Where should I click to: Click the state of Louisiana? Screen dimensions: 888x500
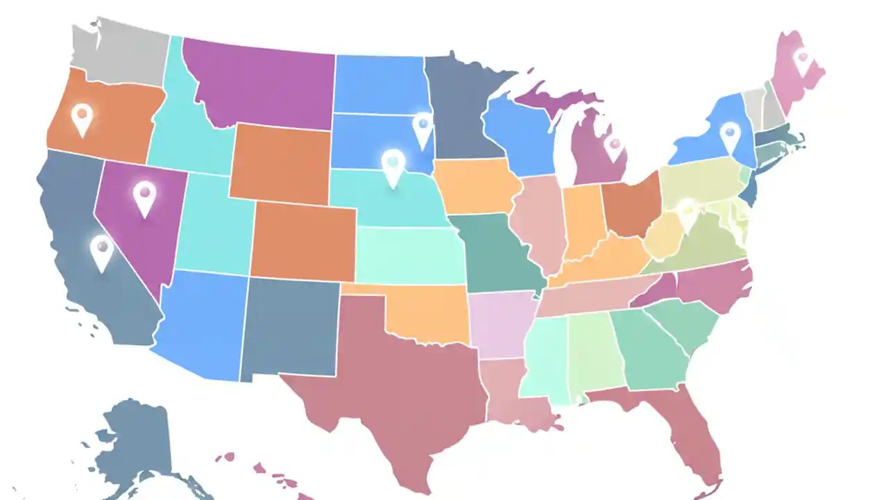513,396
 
